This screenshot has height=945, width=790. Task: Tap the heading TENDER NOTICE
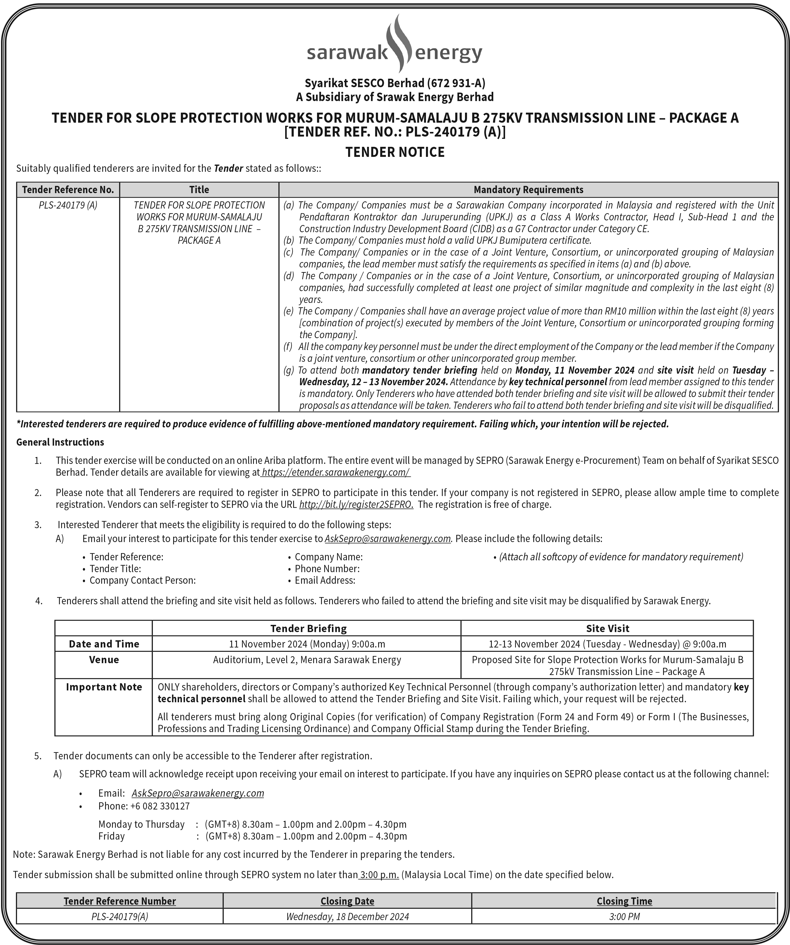[x=395, y=152]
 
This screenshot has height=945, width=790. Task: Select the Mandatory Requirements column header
[x=528, y=190]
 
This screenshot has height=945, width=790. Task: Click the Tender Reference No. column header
[x=68, y=190]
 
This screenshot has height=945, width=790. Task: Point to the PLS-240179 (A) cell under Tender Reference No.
[x=68, y=205]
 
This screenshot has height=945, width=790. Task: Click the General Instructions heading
[x=60, y=442]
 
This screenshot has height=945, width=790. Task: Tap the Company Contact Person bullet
[x=142, y=581]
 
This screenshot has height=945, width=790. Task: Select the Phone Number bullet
[x=327, y=569]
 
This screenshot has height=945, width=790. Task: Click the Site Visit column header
[x=607, y=628]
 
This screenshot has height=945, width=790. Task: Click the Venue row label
[x=104, y=660]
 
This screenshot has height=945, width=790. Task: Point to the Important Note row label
[x=104, y=687]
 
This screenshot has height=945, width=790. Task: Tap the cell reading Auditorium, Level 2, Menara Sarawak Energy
[x=307, y=660]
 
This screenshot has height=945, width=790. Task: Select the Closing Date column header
[x=347, y=901]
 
